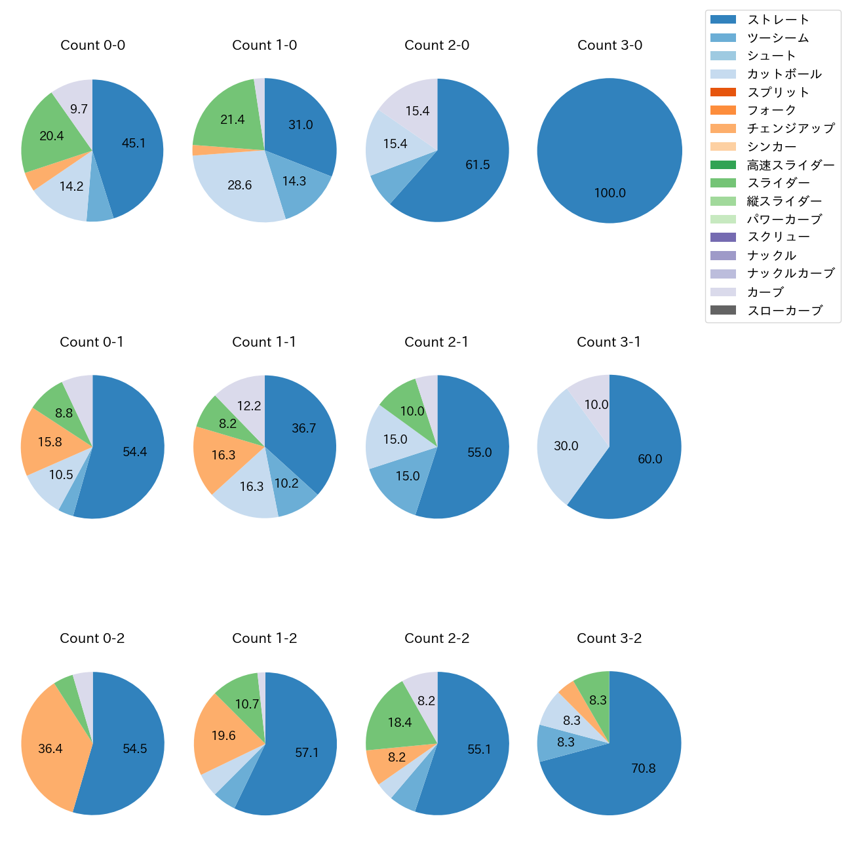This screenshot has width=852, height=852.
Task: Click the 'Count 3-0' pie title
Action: tap(610, 45)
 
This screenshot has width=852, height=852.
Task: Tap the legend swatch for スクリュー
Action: tap(723, 237)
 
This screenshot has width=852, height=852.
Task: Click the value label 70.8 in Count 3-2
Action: tap(643, 768)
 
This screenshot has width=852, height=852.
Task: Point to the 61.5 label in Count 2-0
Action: tap(477, 165)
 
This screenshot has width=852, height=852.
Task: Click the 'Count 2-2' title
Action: tap(437, 638)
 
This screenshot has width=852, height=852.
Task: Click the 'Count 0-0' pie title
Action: tap(93, 45)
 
